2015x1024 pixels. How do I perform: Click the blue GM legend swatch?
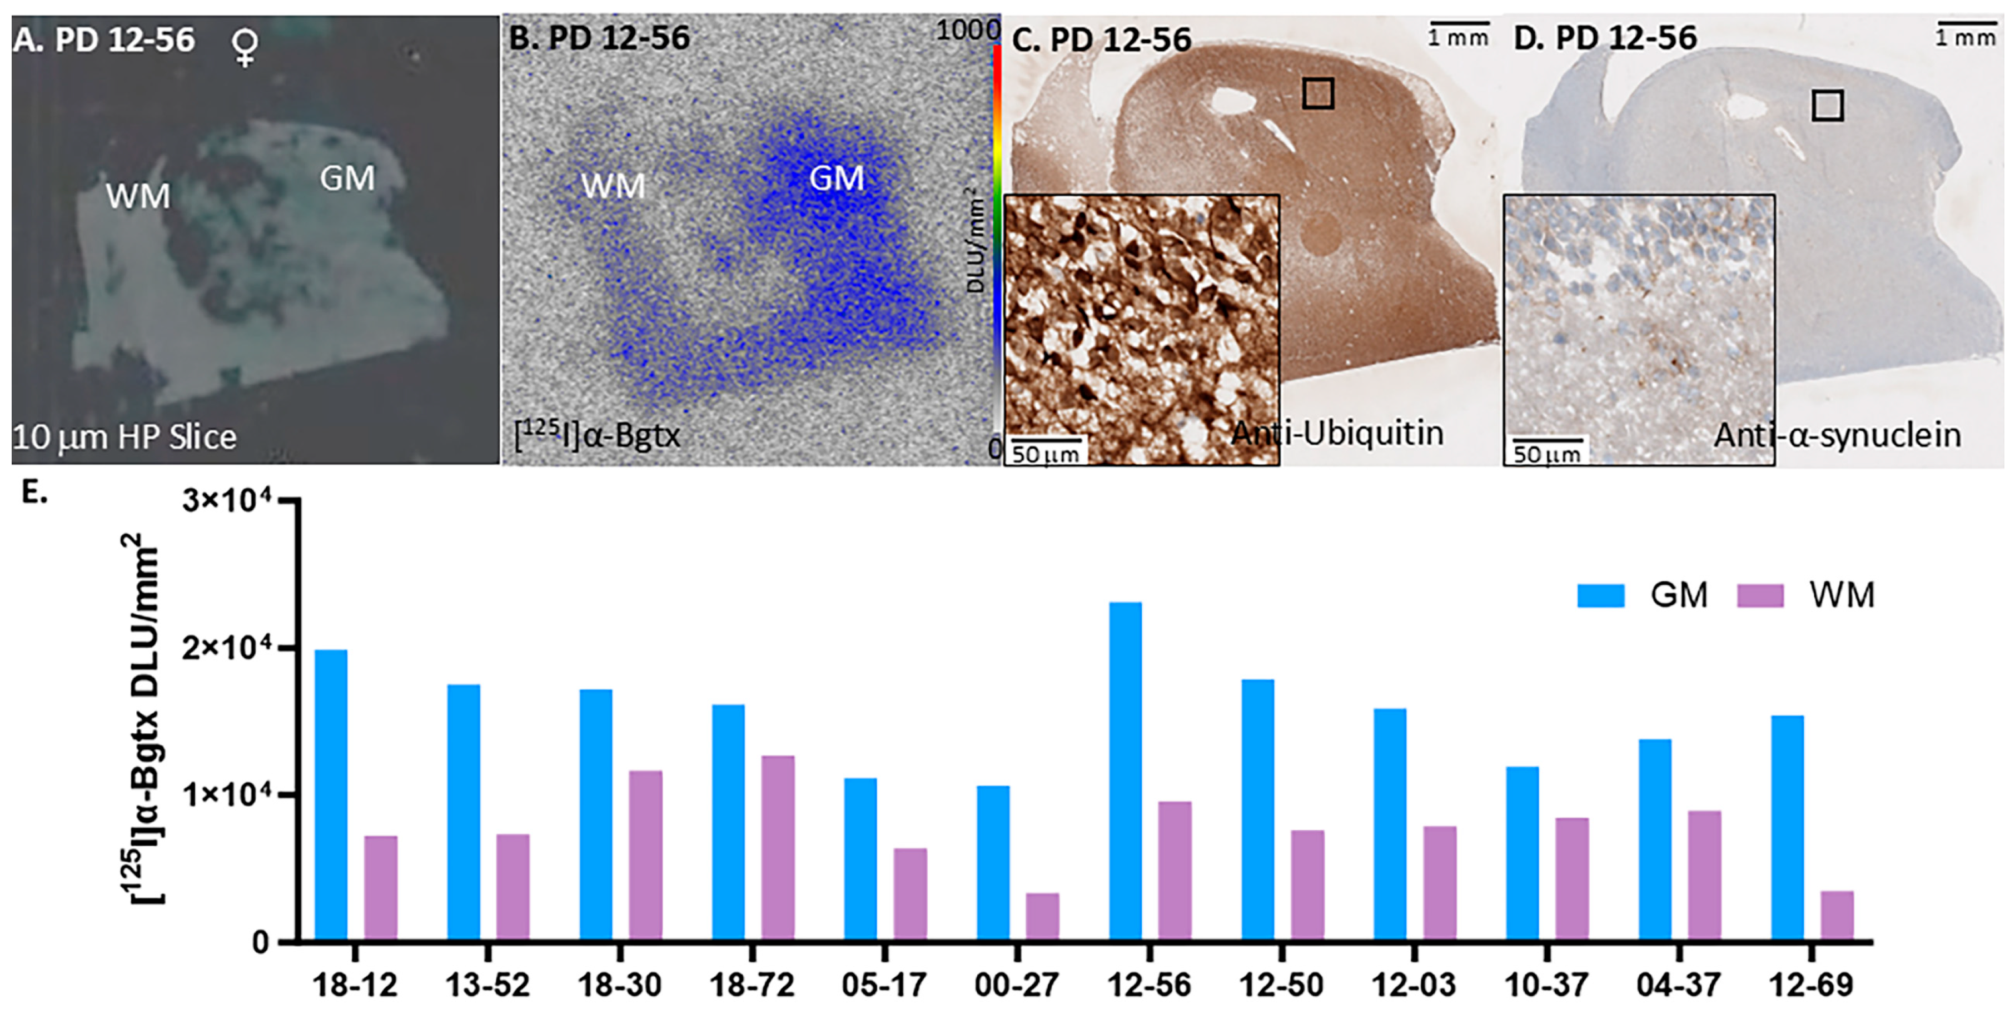(x=1600, y=595)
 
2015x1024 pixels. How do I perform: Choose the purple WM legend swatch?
(x=1760, y=595)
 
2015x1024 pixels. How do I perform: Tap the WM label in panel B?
(x=613, y=186)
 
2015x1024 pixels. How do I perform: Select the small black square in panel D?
(x=1827, y=105)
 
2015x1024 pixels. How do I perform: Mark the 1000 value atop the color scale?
(x=968, y=29)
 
